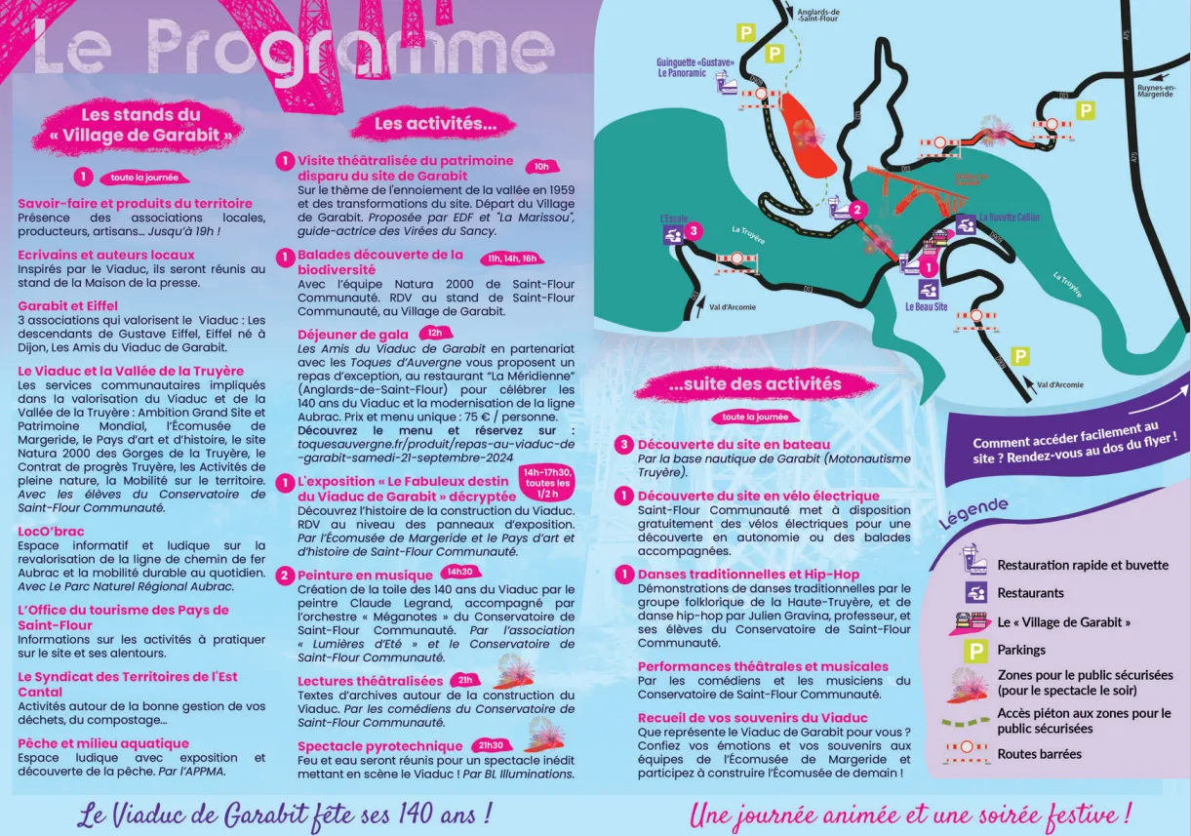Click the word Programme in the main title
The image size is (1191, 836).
tap(350, 49)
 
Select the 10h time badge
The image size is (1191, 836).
tap(541, 167)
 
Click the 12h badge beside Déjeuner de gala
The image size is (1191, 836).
tap(434, 333)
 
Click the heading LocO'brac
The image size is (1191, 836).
tap(51, 532)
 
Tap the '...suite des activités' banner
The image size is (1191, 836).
tap(740, 384)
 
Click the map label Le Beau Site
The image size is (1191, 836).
tap(926, 306)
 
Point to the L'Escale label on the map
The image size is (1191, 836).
tap(673, 219)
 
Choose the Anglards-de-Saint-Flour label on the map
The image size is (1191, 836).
tap(817, 15)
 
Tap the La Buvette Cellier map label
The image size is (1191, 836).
tap(1009, 218)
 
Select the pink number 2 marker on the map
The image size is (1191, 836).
tap(856, 210)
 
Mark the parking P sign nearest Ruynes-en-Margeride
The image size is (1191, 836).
tap(1085, 111)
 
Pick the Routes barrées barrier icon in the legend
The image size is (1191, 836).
tap(966, 753)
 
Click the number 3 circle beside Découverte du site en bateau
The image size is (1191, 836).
tap(624, 445)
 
